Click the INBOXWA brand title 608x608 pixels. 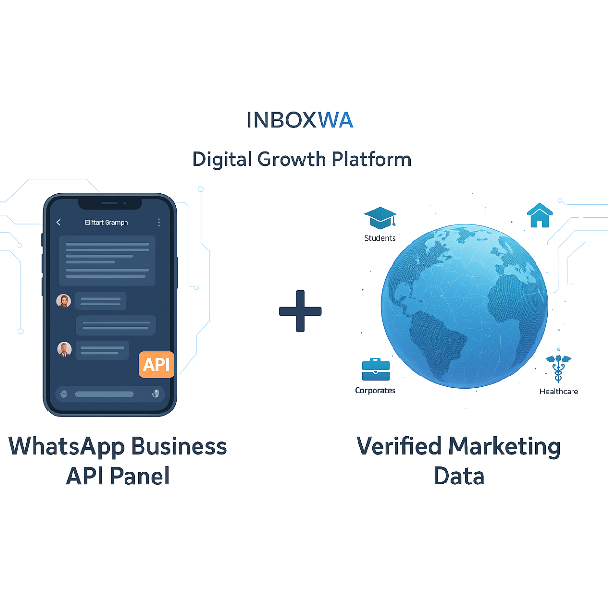(300, 120)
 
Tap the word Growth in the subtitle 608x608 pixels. (292, 159)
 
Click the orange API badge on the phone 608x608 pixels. (156, 364)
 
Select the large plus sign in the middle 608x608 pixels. (300, 311)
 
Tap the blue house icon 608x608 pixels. (539, 215)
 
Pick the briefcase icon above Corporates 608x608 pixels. (376, 370)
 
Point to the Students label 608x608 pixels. (380, 238)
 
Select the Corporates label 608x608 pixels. (376, 390)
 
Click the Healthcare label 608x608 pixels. (559, 391)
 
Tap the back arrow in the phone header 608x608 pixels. (59, 222)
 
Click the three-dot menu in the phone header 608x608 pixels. (159, 222)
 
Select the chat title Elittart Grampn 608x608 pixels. (106, 222)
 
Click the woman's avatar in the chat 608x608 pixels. (64, 301)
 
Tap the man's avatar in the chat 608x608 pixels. (64, 349)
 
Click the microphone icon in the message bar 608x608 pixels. (155, 393)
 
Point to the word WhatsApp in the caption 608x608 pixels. (67, 447)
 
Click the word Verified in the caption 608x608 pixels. (399, 446)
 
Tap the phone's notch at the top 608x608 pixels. (110, 203)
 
